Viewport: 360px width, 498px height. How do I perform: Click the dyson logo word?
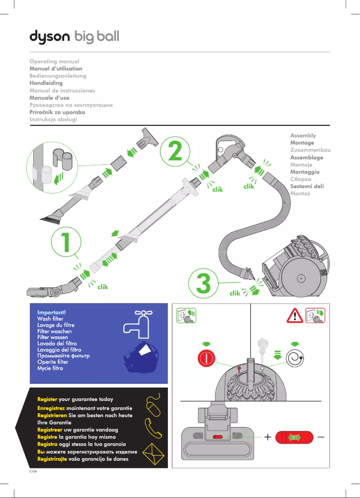49,36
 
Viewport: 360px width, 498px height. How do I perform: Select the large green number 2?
175,151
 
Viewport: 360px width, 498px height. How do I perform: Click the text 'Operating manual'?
54,62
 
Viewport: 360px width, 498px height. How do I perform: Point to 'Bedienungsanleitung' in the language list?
57,76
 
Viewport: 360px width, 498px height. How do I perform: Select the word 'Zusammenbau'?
310,150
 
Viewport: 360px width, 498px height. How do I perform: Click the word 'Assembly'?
303,136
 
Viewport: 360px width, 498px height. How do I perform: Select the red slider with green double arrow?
294,437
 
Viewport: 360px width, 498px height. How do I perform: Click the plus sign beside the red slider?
267,437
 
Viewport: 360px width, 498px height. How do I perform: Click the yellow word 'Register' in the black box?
47,399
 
